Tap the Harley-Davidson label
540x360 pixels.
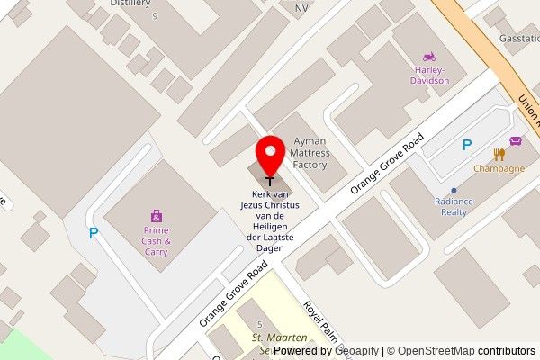pyautogui.click(x=431, y=75)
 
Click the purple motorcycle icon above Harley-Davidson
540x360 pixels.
pyautogui.click(x=429, y=56)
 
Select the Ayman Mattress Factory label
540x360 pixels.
pyautogui.click(x=310, y=153)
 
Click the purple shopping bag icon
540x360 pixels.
pyautogui.click(x=157, y=216)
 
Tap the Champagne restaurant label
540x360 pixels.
pyautogui.click(x=499, y=169)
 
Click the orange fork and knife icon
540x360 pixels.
pyautogui.click(x=499, y=154)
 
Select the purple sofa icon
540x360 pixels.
pyautogui.click(x=516, y=140)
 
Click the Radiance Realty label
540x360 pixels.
pyautogui.click(x=454, y=207)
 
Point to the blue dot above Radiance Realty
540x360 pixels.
pyautogui.click(x=454, y=190)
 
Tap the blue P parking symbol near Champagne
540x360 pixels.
pyautogui.click(x=466, y=144)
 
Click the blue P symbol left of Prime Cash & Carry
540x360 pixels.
pyautogui.click(x=93, y=233)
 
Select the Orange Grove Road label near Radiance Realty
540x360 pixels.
pyautogui.click(x=387, y=164)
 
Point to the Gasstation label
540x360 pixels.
pyautogui.click(x=519, y=40)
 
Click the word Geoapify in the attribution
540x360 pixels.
pyautogui.click(x=355, y=351)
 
